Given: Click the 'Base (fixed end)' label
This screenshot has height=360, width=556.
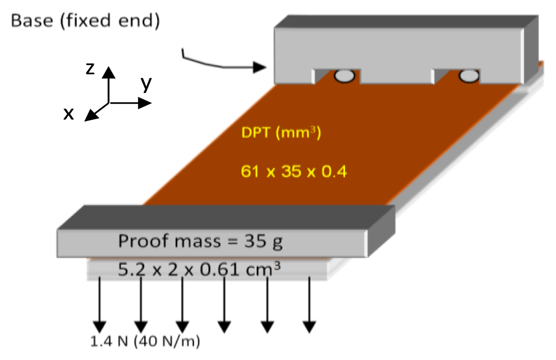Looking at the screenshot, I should pos(86,21).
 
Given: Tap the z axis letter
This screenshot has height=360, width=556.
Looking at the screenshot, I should pos(90,68).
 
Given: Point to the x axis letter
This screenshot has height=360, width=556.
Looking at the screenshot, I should pos(68,114).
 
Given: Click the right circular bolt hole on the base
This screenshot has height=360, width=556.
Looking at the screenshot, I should pos(469,76).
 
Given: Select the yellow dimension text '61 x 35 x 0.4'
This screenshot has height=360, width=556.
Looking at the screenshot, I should pos(294,172).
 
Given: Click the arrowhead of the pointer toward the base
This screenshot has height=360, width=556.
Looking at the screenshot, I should pos(259,67).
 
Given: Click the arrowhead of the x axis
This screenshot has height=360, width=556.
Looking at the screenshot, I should pos(90,115).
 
